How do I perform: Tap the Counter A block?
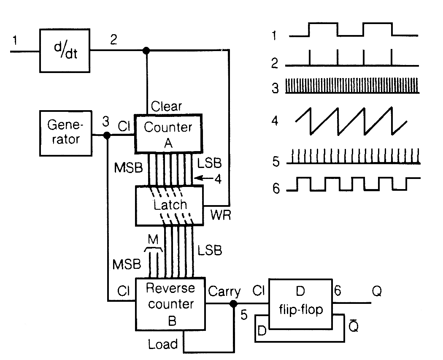coord(168,133)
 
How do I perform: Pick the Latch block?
coord(169,206)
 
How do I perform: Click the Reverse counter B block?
coord(170,304)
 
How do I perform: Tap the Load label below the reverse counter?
coord(163,344)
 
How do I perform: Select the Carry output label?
coord(224,292)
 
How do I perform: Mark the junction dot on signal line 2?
coord(146,51)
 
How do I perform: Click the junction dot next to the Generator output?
coord(107,135)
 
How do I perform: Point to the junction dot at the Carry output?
coord(233,304)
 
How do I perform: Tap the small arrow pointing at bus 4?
coord(206,179)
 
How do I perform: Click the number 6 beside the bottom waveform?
coord(276,188)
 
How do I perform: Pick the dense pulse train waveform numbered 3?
coord(352,86)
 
